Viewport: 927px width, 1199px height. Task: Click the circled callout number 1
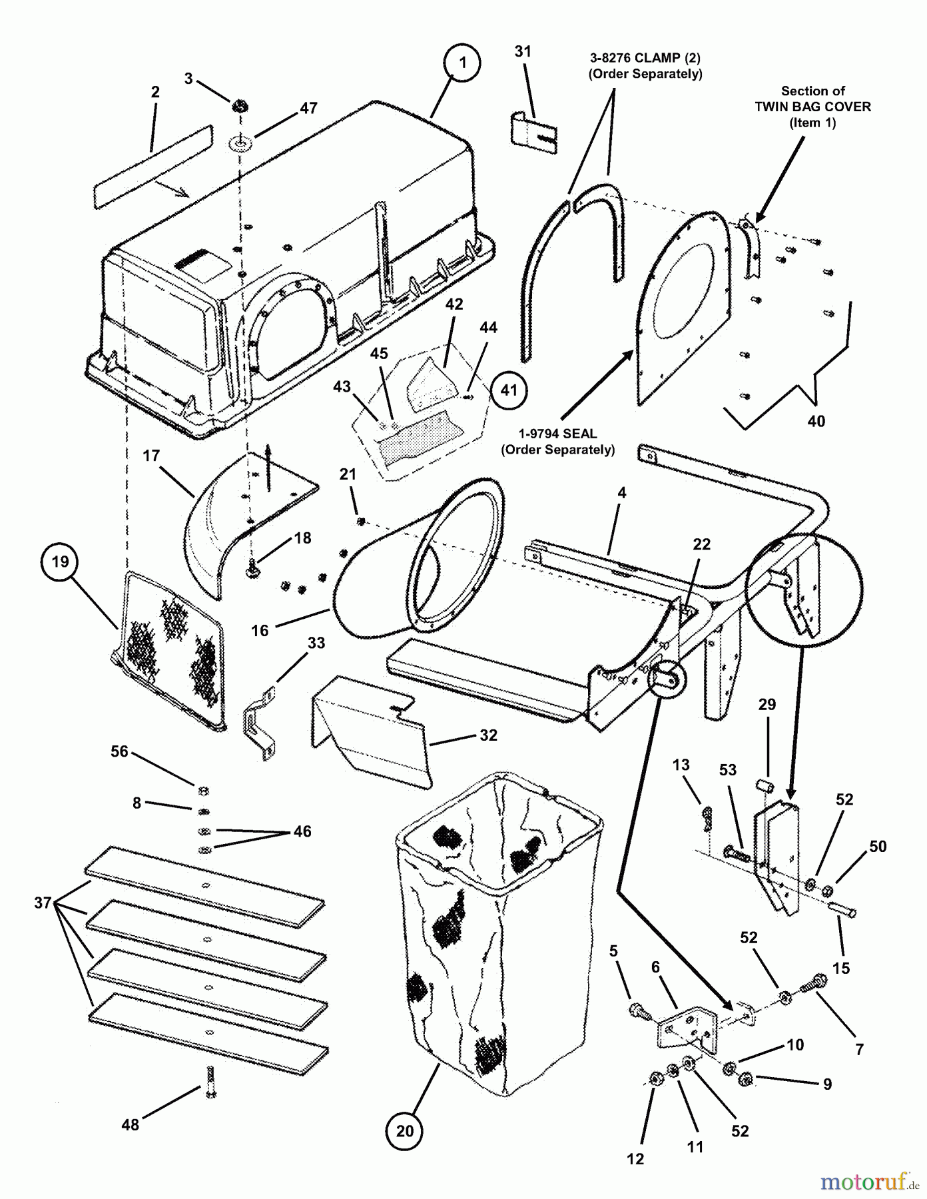pos(462,63)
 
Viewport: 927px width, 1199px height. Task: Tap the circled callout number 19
pos(60,562)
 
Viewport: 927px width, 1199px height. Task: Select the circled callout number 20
pos(405,1130)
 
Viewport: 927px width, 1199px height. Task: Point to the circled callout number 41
pos(508,390)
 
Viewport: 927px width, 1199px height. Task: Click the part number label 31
pos(523,51)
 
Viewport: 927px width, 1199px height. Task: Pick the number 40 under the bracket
pos(816,421)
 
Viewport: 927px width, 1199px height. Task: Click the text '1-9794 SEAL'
pos(557,434)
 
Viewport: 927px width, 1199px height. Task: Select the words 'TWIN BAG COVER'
pos(812,107)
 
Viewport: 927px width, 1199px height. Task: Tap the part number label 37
pos(43,903)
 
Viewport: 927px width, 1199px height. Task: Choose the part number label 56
pos(119,751)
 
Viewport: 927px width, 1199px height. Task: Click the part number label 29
pos(767,704)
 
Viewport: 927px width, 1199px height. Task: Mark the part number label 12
pos(635,1159)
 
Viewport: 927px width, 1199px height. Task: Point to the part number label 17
pos(151,456)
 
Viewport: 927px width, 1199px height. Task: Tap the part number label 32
pos(488,735)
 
